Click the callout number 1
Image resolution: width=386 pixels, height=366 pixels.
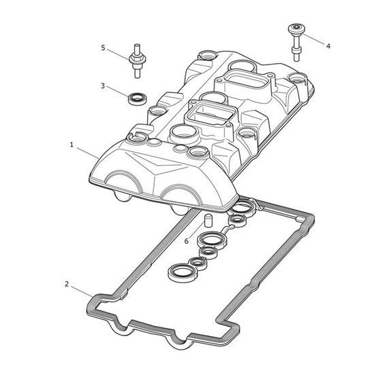[71, 145]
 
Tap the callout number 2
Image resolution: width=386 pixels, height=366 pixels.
[66, 284]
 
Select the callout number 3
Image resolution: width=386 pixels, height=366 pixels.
[103, 86]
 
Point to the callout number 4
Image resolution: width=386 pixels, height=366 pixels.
[328, 46]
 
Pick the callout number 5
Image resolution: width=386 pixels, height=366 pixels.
[103, 48]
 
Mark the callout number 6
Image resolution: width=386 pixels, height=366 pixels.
[187, 241]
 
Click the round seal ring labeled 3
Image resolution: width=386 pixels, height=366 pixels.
[137, 99]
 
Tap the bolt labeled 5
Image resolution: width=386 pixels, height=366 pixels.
[137, 61]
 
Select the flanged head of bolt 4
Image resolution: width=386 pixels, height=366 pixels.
[297, 29]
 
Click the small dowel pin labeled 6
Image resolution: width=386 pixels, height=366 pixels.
[208, 220]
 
